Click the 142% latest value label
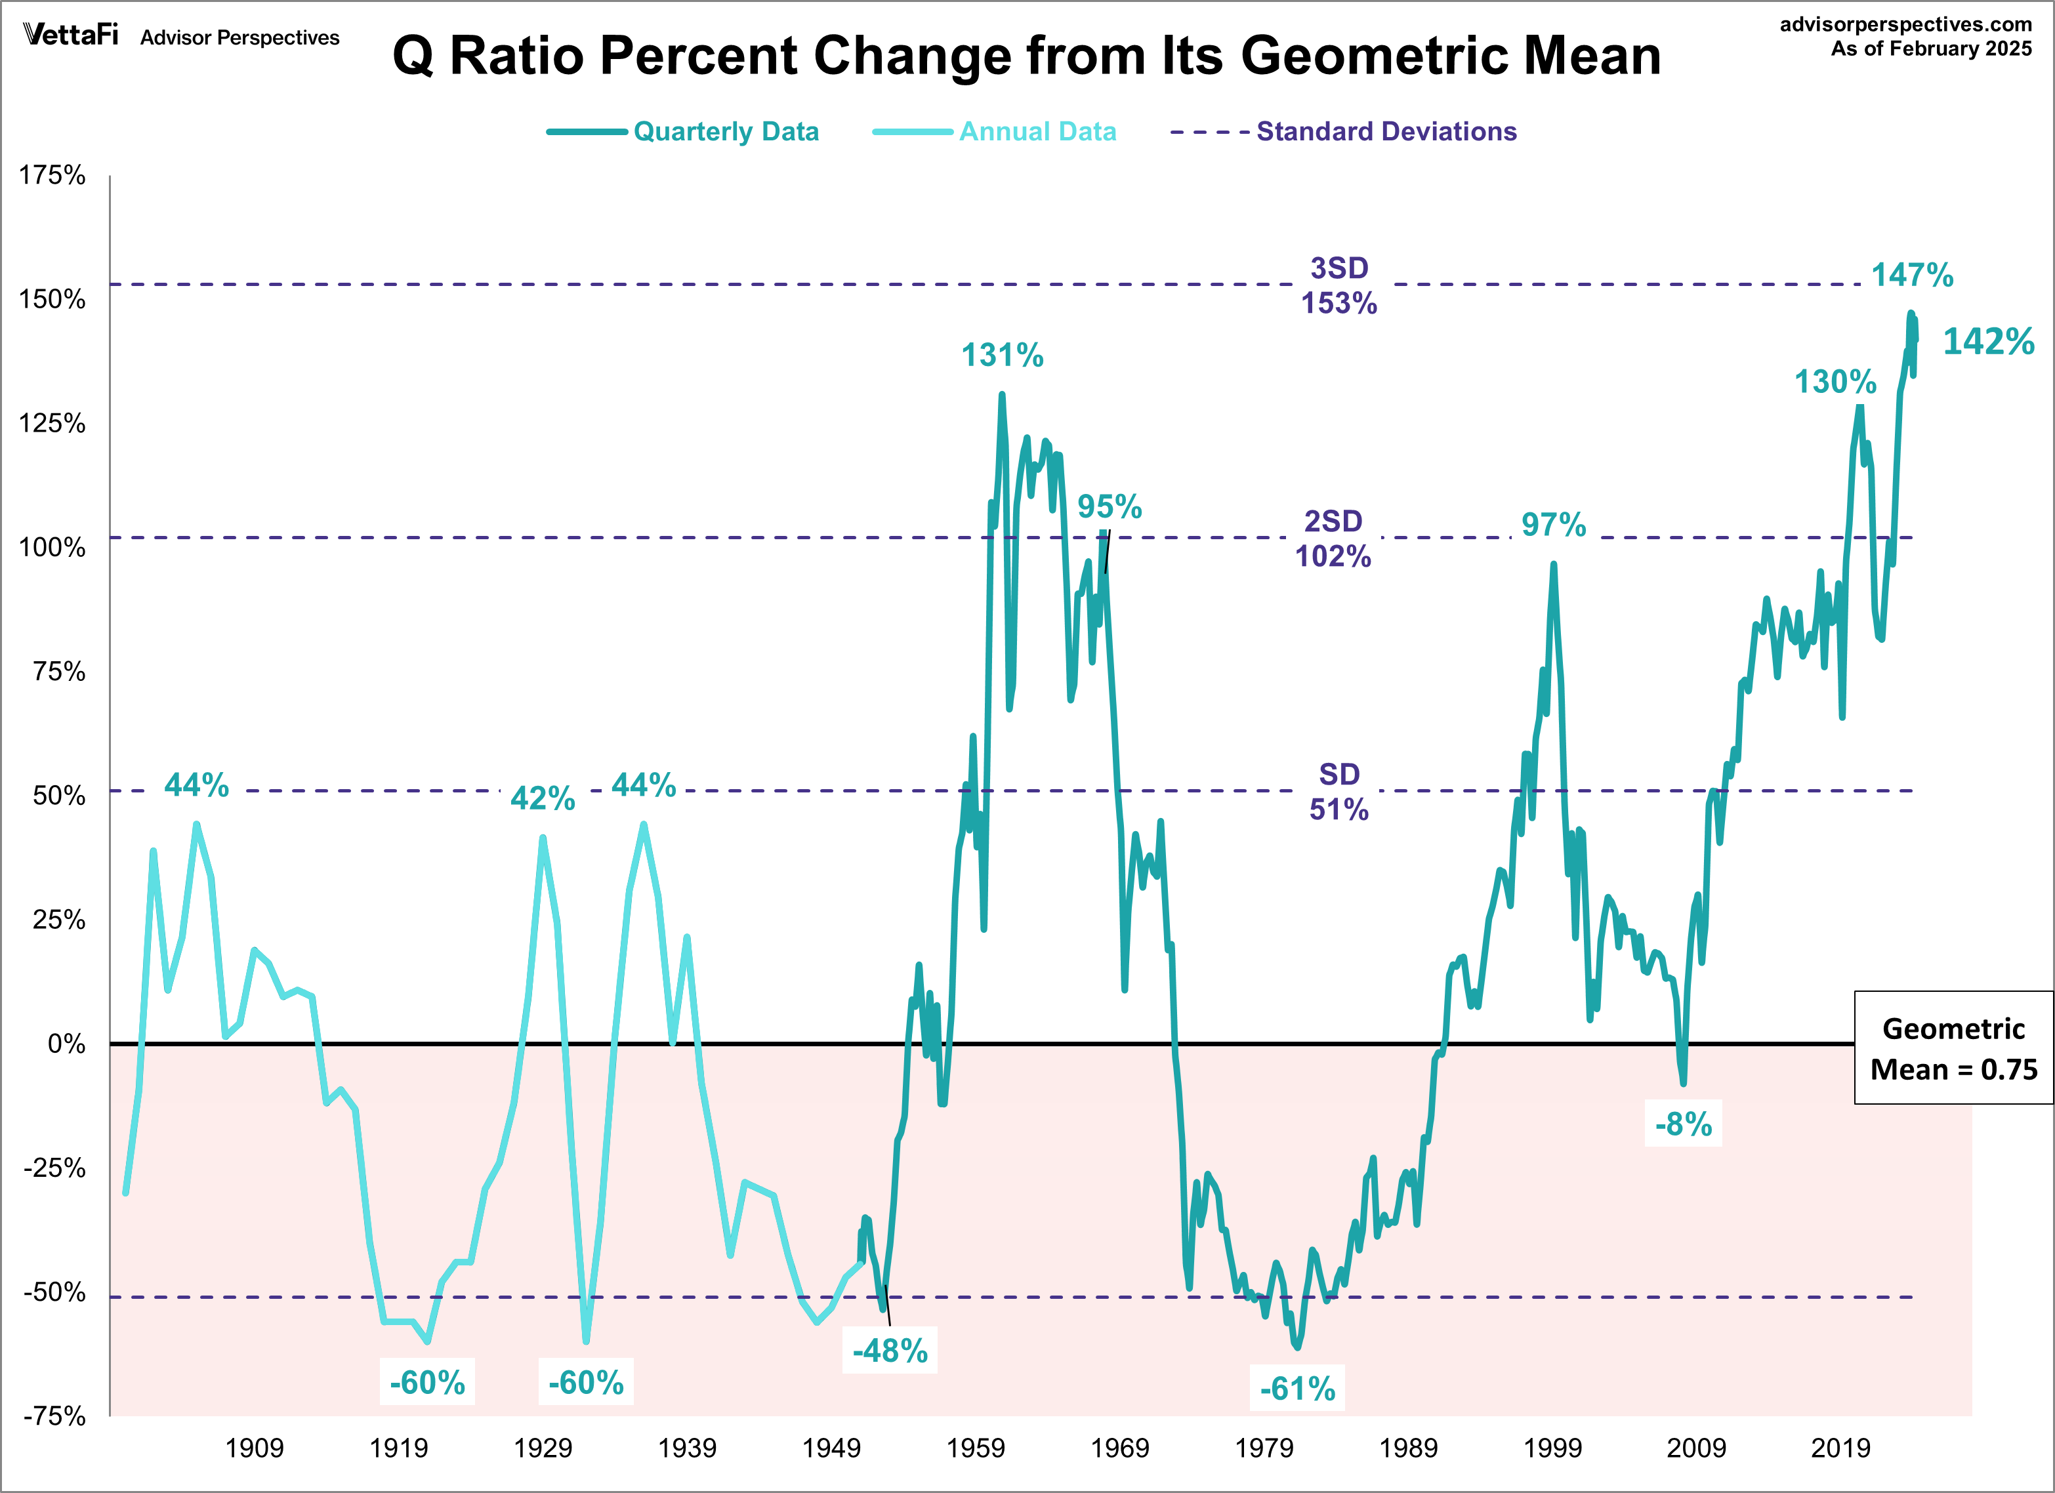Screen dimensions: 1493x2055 (x=1988, y=342)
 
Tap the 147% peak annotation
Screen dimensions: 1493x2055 (x=1912, y=274)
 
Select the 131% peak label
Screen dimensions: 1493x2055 (x=1002, y=355)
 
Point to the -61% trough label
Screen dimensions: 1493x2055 (x=1298, y=1388)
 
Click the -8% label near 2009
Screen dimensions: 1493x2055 (x=1682, y=1124)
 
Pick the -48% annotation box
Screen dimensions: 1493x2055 (x=890, y=1351)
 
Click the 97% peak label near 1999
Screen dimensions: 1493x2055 (x=1553, y=525)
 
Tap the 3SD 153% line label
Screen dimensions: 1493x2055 (x=1339, y=285)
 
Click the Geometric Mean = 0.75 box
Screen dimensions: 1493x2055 (x=1953, y=1048)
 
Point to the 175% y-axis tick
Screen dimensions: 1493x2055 (x=52, y=175)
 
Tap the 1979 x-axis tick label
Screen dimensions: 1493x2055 (x=1264, y=1448)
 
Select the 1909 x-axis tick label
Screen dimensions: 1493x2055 (x=254, y=1448)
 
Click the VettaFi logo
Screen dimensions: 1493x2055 (x=71, y=35)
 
